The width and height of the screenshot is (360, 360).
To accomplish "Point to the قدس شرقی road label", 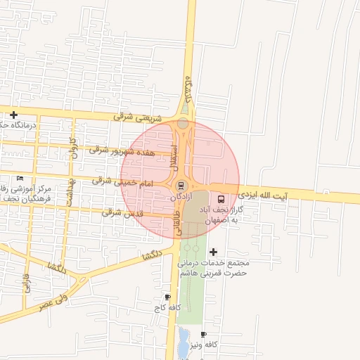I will point(122,212).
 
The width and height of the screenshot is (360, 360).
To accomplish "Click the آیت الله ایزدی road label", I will point(263,193).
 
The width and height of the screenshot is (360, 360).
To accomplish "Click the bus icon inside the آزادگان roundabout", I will point(181,186).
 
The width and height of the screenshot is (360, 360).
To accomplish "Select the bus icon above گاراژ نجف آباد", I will point(222,198).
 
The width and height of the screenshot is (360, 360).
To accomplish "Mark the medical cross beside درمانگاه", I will point(13,115).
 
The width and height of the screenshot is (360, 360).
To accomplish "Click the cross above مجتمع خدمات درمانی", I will point(214,252).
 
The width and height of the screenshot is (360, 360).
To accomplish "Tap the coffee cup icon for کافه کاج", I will point(167,297).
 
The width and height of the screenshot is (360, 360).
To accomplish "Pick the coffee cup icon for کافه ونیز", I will point(203,334).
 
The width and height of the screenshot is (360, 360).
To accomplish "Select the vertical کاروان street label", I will point(71,150).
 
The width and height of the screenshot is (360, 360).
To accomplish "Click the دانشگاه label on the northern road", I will point(187,89).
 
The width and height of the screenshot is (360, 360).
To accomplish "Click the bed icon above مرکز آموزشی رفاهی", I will point(20,178).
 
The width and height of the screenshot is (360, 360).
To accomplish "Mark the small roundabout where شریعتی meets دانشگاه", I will point(183,123).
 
